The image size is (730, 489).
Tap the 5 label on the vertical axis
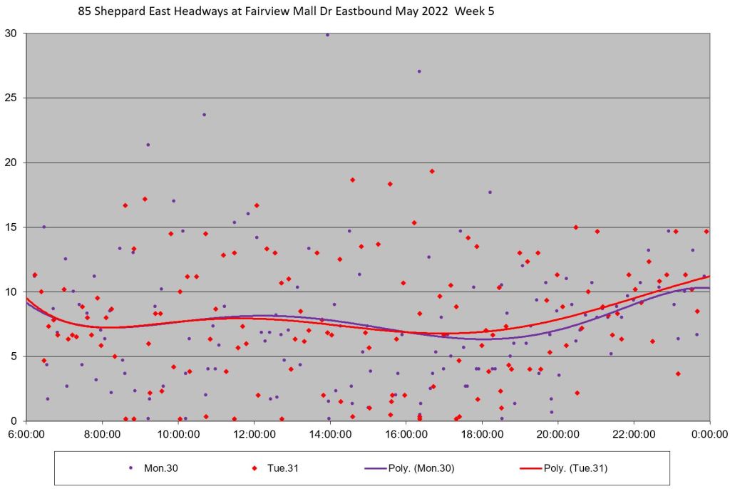point(17,356)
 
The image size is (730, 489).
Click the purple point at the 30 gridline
point(327,34)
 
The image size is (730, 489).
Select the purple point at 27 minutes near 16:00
point(419,71)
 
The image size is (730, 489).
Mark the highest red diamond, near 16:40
point(432,171)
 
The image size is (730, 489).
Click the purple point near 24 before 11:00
point(204,115)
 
